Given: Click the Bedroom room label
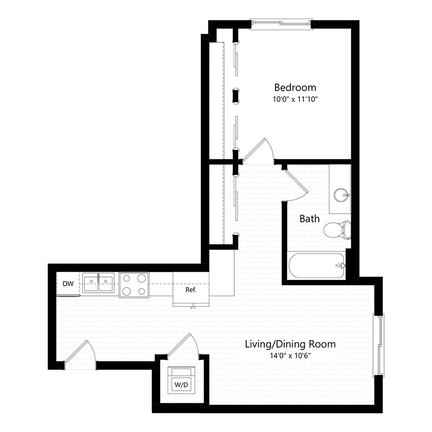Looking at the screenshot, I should click(295, 87).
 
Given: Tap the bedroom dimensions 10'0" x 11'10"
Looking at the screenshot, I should click(295, 99).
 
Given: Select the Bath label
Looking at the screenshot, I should click(310, 219).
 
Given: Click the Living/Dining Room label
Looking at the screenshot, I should click(290, 344).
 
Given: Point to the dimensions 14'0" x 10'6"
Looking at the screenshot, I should click(290, 356).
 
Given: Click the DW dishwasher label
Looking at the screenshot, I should click(68, 284).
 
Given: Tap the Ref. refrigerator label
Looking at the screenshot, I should click(191, 290).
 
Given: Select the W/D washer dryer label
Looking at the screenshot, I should click(180, 384).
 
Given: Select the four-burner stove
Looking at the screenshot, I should click(134, 285).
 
